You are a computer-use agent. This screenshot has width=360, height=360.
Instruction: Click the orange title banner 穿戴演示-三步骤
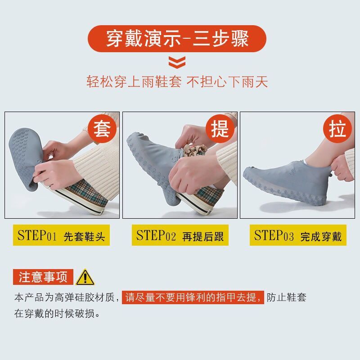tap(177, 39)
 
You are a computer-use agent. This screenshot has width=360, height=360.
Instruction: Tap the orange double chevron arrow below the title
tap(177, 62)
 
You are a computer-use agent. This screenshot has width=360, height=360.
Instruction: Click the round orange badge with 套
tap(102, 129)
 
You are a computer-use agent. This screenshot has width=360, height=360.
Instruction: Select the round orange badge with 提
tap(220, 129)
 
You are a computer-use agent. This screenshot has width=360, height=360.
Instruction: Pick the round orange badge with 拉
tap(337, 129)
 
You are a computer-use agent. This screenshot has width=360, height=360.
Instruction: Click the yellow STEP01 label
tap(61, 235)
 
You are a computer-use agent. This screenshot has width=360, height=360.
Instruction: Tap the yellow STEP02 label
tap(180, 235)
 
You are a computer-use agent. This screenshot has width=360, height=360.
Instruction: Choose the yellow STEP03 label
tap(298, 235)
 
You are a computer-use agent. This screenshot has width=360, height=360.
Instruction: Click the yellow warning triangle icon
tap(85, 277)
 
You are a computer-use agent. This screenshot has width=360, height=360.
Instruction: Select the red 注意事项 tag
tap(43, 277)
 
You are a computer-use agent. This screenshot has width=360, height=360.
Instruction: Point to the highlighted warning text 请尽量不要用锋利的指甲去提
tap(193, 297)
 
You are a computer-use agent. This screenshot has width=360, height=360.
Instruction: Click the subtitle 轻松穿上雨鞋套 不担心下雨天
tap(177, 82)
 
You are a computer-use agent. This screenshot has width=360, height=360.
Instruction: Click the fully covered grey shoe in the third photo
tap(285, 183)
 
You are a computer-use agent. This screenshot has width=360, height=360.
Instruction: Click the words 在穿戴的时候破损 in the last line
tap(54, 313)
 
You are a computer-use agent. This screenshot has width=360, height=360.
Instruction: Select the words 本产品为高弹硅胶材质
tap(64, 297)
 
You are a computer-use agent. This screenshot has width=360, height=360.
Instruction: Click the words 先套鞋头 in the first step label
tap(84, 237)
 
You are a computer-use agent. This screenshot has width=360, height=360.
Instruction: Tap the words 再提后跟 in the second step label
tap(203, 237)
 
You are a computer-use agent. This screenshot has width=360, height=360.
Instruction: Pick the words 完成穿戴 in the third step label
tap(321, 237)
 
